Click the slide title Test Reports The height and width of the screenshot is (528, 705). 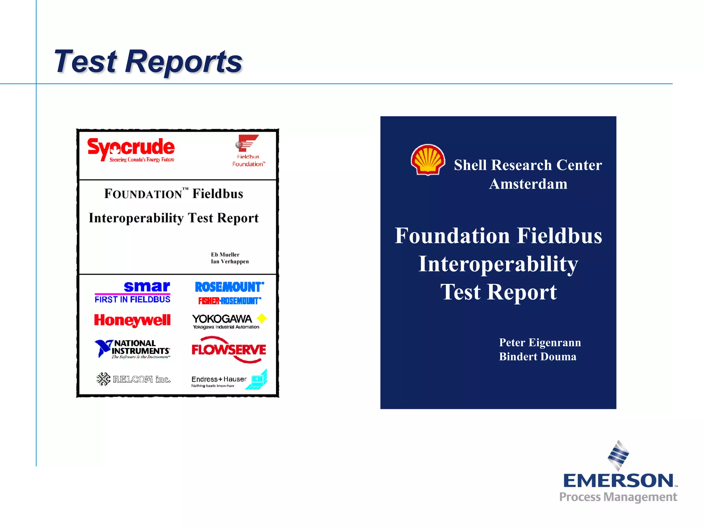point(148,62)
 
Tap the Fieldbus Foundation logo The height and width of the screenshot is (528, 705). point(248,151)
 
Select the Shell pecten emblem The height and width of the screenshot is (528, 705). point(428,159)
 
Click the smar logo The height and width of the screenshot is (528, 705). point(147,287)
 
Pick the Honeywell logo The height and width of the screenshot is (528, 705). point(132,320)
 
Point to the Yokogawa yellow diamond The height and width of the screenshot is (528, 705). point(262,318)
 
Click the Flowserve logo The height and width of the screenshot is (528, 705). point(229,350)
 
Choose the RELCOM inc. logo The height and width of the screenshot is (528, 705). point(134,379)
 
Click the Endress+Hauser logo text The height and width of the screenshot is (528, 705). point(219,379)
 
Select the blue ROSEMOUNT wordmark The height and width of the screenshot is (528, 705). point(229,287)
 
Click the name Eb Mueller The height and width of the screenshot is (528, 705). point(225,255)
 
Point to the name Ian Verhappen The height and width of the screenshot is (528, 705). point(230,262)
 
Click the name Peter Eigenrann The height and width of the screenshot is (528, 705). point(540,343)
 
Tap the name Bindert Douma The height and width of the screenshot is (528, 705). point(537,357)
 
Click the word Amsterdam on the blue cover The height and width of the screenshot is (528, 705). point(528,184)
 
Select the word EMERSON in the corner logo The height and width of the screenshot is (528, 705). point(618,481)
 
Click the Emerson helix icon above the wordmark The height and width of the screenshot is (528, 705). point(618,455)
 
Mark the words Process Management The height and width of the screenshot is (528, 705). point(618,497)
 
